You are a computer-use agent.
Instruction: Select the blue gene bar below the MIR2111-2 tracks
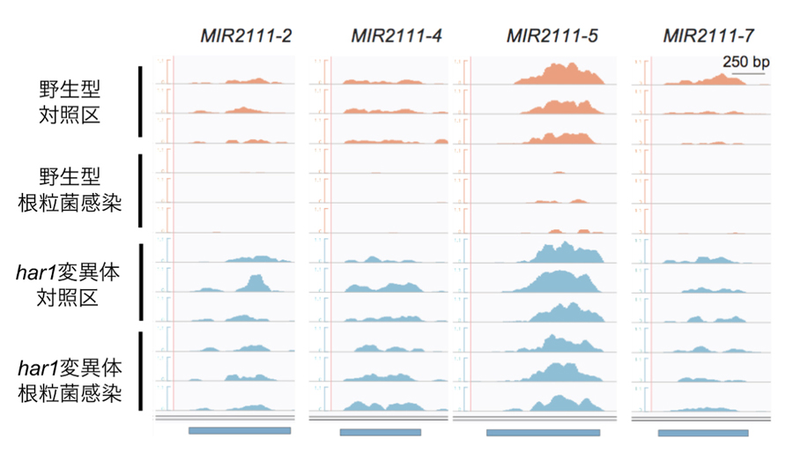[240, 431]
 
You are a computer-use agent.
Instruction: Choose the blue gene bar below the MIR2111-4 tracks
[380, 432]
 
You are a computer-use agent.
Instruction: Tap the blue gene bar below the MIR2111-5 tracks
[543, 433]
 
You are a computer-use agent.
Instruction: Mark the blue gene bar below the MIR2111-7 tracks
[703, 433]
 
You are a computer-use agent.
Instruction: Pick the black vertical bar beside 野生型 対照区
[141, 101]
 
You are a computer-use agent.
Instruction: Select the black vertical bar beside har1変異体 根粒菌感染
[141, 371]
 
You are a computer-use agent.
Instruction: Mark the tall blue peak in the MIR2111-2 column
[256, 282]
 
